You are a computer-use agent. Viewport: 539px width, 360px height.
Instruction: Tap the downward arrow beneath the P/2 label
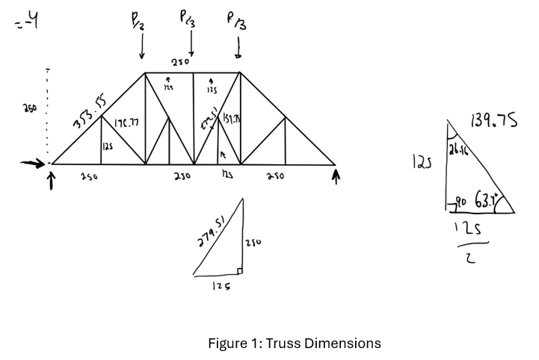[x=142, y=49]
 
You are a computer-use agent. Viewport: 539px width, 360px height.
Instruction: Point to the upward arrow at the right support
[x=336, y=177]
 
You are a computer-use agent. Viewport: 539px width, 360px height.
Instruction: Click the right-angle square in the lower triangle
[x=239, y=271]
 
